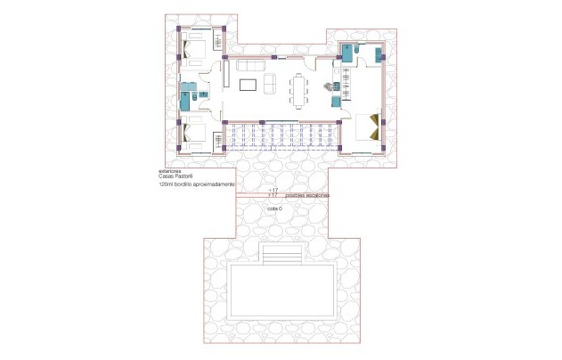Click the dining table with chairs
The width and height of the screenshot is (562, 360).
pyautogui.click(x=297, y=87)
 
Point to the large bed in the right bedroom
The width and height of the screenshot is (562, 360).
pyautogui.click(x=369, y=130)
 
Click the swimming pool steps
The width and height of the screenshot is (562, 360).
pyautogui.click(x=281, y=258)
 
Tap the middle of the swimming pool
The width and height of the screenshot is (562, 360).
pyautogui.click(x=281, y=290)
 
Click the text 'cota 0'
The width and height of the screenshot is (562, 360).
pyautogui.click(x=274, y=208)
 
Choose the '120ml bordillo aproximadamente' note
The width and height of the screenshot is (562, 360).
pyautogui.click(x=197, y=184)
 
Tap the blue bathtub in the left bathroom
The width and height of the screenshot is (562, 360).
pyautogui.click(x=183, y=97)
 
